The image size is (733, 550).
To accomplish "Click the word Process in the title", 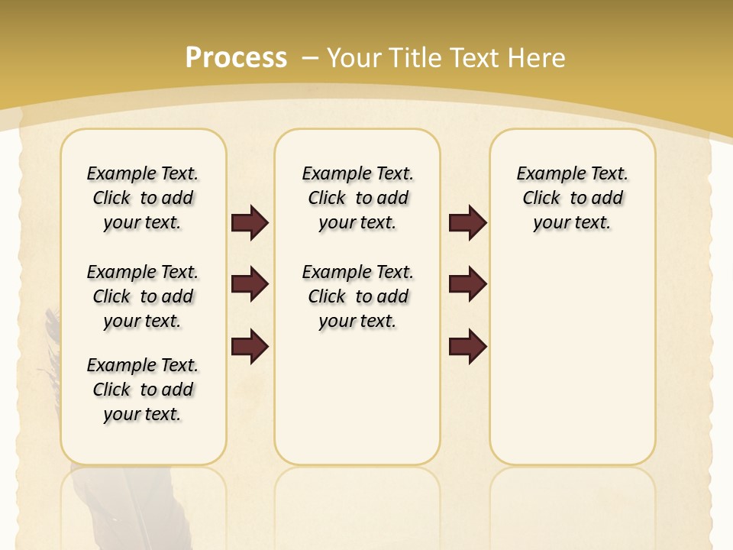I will click(x=236, y=57).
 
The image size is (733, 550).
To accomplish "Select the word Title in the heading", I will click(x=416, y=57).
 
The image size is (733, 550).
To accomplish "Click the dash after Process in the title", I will click(x=309, y=59).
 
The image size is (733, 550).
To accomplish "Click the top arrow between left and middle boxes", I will click(x=250, y=222).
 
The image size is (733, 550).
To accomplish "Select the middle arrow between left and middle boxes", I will click(x=250, y=284).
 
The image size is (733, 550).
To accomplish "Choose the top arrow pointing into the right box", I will click(x=467, y=222).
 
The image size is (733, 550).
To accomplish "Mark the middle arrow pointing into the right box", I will click(x=467, y=284).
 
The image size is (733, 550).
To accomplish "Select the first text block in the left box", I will click(x=143, y=198).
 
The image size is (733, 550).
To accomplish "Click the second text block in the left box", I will click(x=143, y=296).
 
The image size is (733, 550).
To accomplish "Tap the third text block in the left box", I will click(x=143, y=390).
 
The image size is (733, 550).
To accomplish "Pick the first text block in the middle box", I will click(x=357, y=198).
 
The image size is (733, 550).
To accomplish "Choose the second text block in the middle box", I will click(x=357, y=296).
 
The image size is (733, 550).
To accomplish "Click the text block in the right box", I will click(x=572, y=198).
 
